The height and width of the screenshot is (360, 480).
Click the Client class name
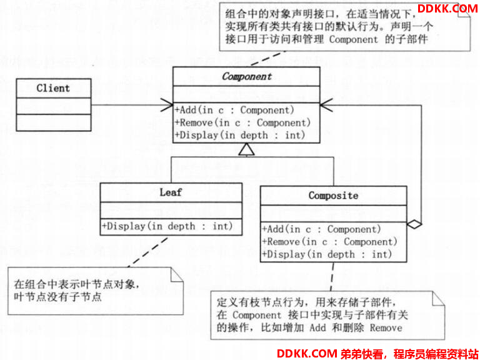tap(53, 88)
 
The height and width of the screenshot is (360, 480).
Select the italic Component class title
tap(247, 76)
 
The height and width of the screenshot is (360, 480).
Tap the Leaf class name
tap(171, 192)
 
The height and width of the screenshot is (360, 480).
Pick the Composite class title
tap(333, 196)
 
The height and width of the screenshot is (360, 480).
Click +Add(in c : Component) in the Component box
tap(234, 110)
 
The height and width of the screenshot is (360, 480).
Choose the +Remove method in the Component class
tap(242, 122)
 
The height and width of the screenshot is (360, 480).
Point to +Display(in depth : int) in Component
tap(240, 135)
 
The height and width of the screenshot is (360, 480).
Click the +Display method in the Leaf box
tap(167, 226)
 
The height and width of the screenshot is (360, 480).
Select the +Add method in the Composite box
tap(321, 229)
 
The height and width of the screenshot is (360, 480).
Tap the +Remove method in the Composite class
tap(330, 241)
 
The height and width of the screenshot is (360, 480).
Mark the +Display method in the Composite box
tap(327, 254)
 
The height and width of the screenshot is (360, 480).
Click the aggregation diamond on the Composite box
tap(414, 224)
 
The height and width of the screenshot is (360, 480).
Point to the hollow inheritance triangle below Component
tap(247, 149)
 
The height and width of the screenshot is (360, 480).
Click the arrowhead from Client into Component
tap(167, 105)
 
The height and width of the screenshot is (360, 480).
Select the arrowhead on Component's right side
tap(326, 105)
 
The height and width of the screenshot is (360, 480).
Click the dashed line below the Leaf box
tap(148, 252)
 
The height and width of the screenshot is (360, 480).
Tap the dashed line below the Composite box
tap(332, 276)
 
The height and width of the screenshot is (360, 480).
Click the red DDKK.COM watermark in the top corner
tap(447, 8)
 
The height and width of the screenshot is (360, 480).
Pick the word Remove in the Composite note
tap(386, 328)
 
